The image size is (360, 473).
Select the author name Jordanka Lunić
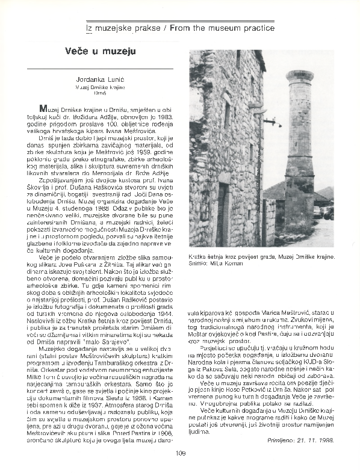pyautogui.click(x=100, y=79)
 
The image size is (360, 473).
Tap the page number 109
pyautogui.click(x=179, y=454)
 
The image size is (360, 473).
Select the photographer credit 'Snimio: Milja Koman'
pyautogui.click(x=218, y=263)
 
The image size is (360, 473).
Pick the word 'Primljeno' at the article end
pyautogui.click(x=280, y=441)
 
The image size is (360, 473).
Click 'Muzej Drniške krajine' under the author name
pyautogui.click(x=100, y=87)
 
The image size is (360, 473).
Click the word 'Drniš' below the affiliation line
pyautogui.click(x=100, y=94)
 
